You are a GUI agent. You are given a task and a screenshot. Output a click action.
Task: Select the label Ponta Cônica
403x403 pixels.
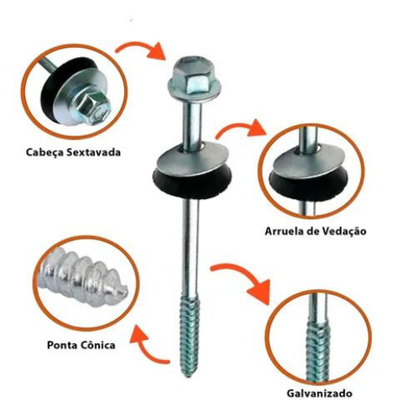click(x=81, y=344)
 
